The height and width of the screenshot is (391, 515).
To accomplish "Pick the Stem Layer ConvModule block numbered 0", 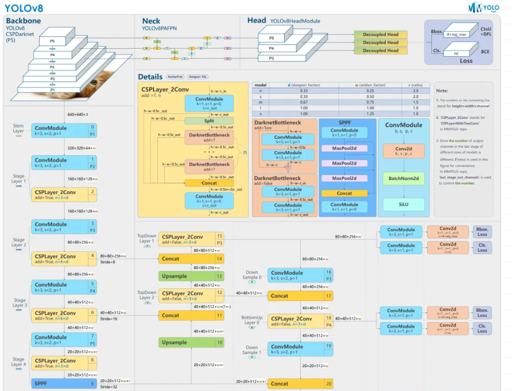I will (64, 130).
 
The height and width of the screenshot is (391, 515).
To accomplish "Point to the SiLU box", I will (403, 204).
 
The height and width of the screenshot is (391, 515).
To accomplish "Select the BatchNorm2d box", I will (403, 179).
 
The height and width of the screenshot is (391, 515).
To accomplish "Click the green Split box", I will (209, 121).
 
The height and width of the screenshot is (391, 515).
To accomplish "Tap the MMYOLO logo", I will (484, 7).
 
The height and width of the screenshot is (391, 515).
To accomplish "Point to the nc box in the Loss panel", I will (456, 52).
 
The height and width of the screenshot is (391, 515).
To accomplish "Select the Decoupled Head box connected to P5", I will (381, 34).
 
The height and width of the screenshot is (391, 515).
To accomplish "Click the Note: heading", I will (442, 91).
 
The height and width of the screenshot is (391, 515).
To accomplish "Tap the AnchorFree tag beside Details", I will (175, 77).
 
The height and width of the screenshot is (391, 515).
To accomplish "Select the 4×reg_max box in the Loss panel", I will (456, 34).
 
